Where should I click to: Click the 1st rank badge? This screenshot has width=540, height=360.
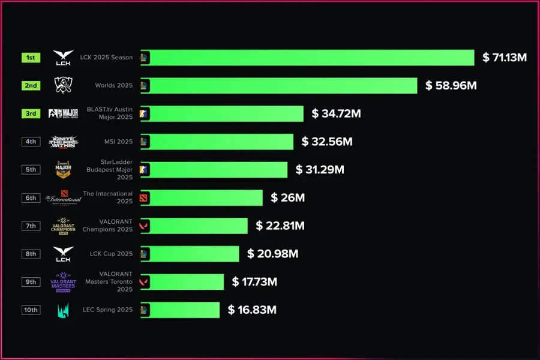pyautogui.click(x=31, y=58)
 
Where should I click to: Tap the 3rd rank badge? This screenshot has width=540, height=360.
pyautogui.click(x=31, y=113)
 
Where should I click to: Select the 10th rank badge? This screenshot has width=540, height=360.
pyautogui.click(x=31, y=310)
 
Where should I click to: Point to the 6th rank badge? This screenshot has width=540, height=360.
pyautogui.click(x=31, y=197)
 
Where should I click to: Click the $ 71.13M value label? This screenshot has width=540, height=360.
pyautogui.click(x=505, y=58)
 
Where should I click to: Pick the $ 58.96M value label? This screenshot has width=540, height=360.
pyautogui.click(x=451, y=86)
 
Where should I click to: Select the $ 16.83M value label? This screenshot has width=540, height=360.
pyautogui.click(x=252, y=310)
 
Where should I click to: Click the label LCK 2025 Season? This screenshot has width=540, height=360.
pyautogui.click(x=106, y=58)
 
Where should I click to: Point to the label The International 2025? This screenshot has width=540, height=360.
pyautogui.click(x=108, y=197)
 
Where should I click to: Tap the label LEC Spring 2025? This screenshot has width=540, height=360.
pyautogui.click(x=108, y=310)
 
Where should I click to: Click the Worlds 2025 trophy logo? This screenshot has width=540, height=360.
pyautogui.click(x=63, y=86)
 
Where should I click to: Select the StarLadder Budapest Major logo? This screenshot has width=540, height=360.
pyautogui.click(x=63, y=170)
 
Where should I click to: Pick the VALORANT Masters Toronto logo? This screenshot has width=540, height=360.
pyautogui.click(x=63, y=281)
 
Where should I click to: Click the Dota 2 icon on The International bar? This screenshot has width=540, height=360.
pyautogui.click(x=144, y=197)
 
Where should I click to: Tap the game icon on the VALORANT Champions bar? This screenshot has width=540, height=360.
pyautogui.click(x=144, y=226)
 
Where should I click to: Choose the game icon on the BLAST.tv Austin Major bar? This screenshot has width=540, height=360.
pyautogui.click(x=144, y=113)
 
